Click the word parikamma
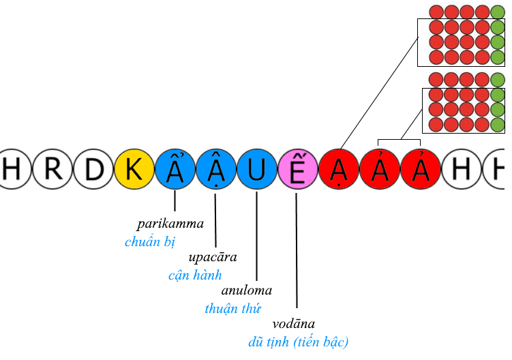tap(170, 224)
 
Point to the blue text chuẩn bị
tap(150, 241)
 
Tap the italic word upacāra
tap(212, 258)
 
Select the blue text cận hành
tap(195, 275)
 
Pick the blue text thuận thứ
tap(232, 308)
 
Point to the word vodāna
tap(293, 325)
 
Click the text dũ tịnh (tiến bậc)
tap(299, 342)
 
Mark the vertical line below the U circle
tap(256, 235)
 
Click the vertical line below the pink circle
tap(297, 252)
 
